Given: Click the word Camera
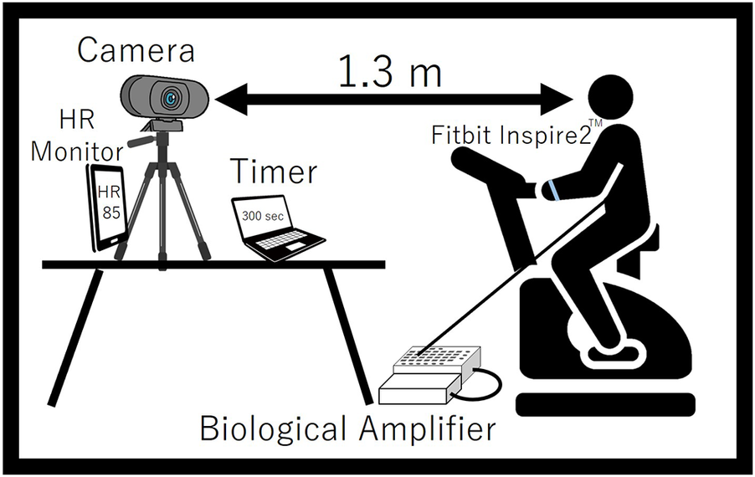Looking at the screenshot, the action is (x=136, y=50).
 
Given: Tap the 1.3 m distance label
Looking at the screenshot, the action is (x=389, y=73).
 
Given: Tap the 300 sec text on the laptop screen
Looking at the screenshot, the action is (x=261, y=215).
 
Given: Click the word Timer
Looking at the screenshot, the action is (x=275, y=172).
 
